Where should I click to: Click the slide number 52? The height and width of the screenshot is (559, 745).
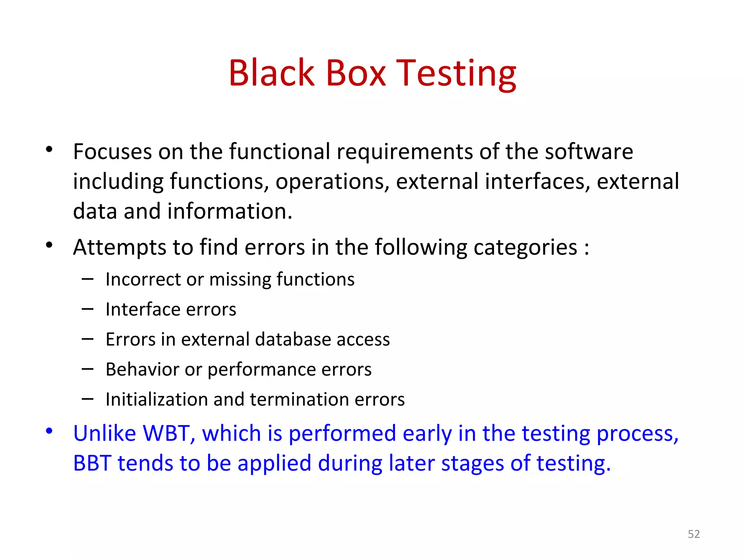[694, 534]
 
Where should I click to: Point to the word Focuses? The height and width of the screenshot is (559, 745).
[112, 151]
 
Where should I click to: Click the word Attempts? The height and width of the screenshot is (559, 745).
[119, 247]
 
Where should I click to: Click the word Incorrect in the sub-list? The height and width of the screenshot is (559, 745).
[143, 279]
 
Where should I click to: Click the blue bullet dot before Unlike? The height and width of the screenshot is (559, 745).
[49, 431]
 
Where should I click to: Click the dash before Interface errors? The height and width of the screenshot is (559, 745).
[88, 309]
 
